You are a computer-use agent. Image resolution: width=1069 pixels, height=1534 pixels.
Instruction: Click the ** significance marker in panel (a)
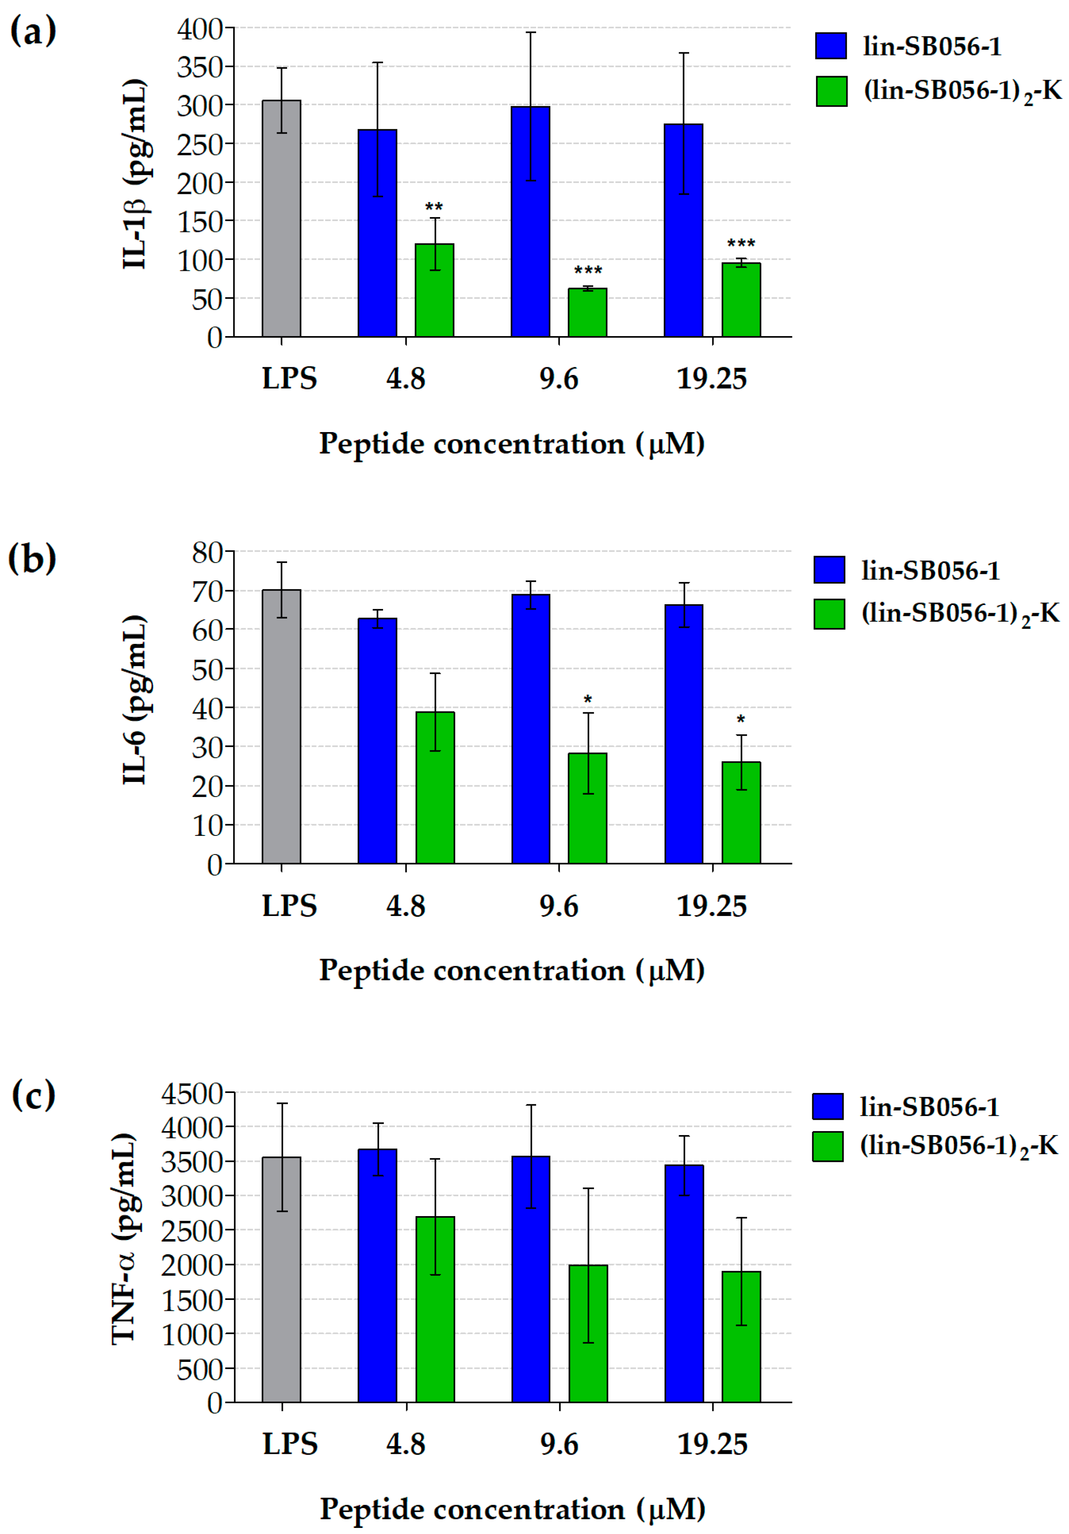click(434, 207)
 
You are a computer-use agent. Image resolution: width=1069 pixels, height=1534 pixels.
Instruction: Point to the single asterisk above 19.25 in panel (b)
click(740, 720)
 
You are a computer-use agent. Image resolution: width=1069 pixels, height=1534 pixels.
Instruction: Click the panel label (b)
click(32, 558)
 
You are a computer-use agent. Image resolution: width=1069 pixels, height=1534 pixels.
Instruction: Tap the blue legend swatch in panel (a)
click(830, 46)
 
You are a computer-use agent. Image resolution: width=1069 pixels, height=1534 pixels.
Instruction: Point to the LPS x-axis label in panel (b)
click(289, 906)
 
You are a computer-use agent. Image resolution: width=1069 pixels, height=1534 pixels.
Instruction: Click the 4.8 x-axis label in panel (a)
click(406, 379)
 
